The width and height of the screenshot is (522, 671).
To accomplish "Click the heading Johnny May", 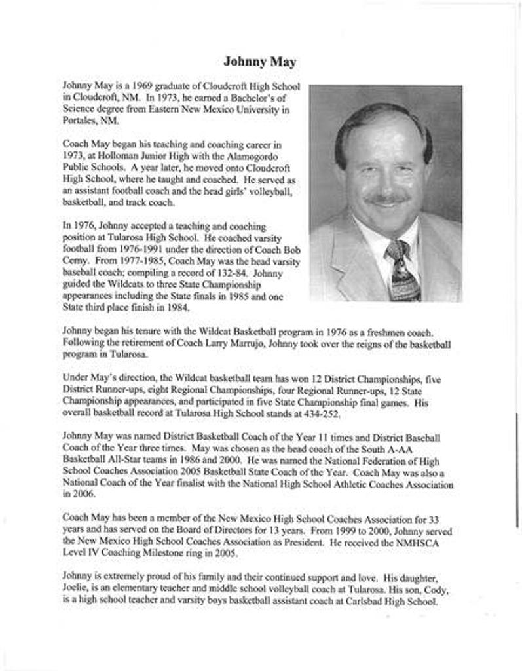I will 259,62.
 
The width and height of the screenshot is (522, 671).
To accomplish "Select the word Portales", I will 79,121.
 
